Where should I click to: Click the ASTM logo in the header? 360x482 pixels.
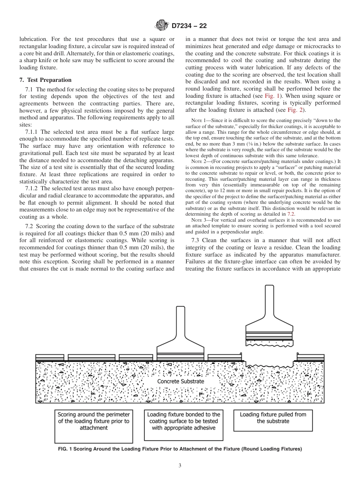point(162,26)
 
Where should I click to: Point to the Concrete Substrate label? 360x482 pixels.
point(180,381)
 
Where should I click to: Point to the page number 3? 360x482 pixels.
point(180,465)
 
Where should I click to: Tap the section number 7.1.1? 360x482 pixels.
point(32,132)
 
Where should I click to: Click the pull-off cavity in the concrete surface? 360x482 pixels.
point(269,365)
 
